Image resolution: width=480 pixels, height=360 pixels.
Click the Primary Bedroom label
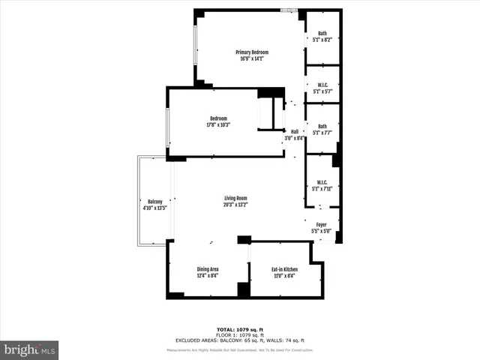point(252,52)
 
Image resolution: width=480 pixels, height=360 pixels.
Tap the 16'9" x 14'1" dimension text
point(253,58)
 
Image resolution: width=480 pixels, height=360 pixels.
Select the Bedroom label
point(218,118)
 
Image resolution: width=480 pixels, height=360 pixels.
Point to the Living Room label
point(235,198)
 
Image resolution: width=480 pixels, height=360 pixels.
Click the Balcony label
point(154,202)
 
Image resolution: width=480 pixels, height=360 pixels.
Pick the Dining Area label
point(208,269)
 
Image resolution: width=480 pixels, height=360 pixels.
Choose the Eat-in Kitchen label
point(284,269)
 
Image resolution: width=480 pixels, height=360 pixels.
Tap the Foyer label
point(321,225)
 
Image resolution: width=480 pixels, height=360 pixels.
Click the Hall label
point(295,132)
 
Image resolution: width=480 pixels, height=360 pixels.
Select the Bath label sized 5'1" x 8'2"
point(322,33)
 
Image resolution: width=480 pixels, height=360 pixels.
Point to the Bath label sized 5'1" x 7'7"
point(322,126)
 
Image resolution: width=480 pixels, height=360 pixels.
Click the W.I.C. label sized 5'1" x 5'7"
point(322,84)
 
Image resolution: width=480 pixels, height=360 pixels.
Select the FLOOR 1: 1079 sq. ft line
point(240,335)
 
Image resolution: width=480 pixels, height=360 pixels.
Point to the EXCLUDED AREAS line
point(240,340)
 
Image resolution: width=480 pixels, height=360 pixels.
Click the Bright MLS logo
point(30,349)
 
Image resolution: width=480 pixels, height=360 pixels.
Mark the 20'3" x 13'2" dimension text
point(235,205)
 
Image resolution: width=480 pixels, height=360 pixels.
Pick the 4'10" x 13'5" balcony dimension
point(154,208)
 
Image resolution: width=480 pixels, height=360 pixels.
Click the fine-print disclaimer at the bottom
point(240,350)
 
